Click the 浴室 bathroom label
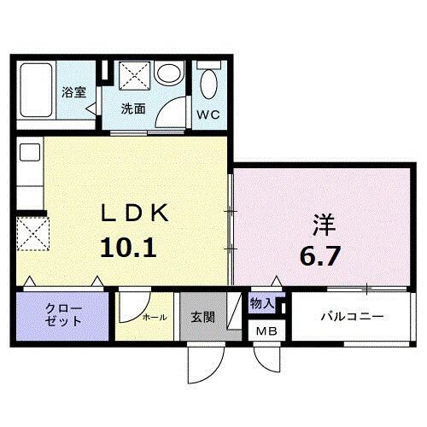(73, 91)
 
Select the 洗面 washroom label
(132, 108)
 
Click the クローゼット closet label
(63, 314)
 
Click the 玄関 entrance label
(202, 316)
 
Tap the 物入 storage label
(261, 303)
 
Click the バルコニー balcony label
(352, 317)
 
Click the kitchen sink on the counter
(29, 154)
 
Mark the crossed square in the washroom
(133, 77)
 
